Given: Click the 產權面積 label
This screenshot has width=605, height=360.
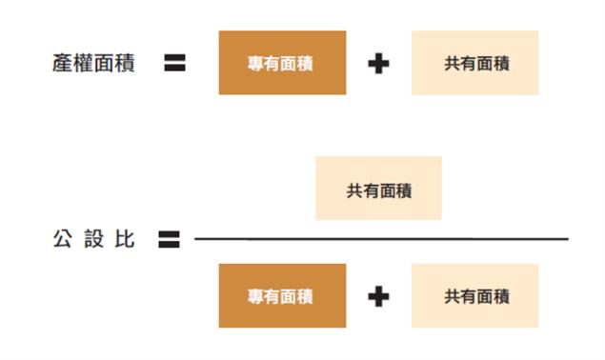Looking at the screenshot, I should (93, 64).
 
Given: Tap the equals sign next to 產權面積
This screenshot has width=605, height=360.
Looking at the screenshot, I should (174, 64).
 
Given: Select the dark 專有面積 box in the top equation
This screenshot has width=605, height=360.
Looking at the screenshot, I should (282, 64).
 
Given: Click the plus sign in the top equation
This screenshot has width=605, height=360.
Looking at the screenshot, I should (378, 65).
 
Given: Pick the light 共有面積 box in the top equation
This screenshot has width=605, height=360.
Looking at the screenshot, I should (475, 64).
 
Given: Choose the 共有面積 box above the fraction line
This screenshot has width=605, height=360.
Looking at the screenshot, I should (378, 189).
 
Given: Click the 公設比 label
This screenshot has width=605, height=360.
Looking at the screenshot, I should (93, 239).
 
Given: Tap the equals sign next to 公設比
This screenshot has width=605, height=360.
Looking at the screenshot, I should (170, 239).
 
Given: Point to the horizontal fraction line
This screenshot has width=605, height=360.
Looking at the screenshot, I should (381, 238).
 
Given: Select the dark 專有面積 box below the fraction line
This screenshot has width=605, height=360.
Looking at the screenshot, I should (282, 296).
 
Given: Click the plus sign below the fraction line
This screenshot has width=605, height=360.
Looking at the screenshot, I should (378, 296).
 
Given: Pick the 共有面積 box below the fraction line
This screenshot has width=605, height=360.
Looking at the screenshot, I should (475, 296).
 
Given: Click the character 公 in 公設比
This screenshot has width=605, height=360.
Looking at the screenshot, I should (63, 239).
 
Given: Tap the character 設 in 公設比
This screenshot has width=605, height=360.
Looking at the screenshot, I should (93, 239).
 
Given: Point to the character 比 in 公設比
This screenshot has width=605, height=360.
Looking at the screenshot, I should (124, 239).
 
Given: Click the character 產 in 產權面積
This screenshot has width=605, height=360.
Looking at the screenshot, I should (63, 64).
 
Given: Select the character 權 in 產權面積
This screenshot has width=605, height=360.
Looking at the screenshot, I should (83, 64).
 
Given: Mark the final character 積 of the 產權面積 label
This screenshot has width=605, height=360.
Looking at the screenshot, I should (124, 64).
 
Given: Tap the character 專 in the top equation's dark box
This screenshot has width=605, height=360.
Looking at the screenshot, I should (256, 65).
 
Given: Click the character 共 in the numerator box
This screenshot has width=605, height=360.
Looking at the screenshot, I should (353, 190).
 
